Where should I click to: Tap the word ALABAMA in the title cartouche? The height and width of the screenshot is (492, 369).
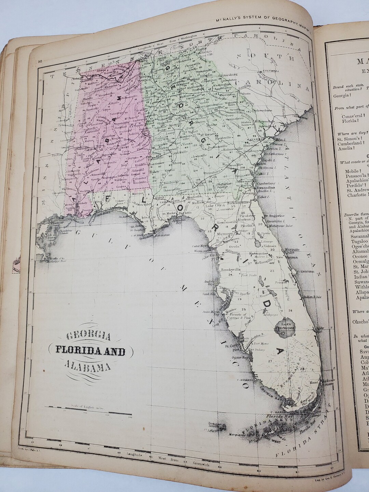pos(88,366)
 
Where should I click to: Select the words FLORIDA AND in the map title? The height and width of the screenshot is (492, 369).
pos(91,352)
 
